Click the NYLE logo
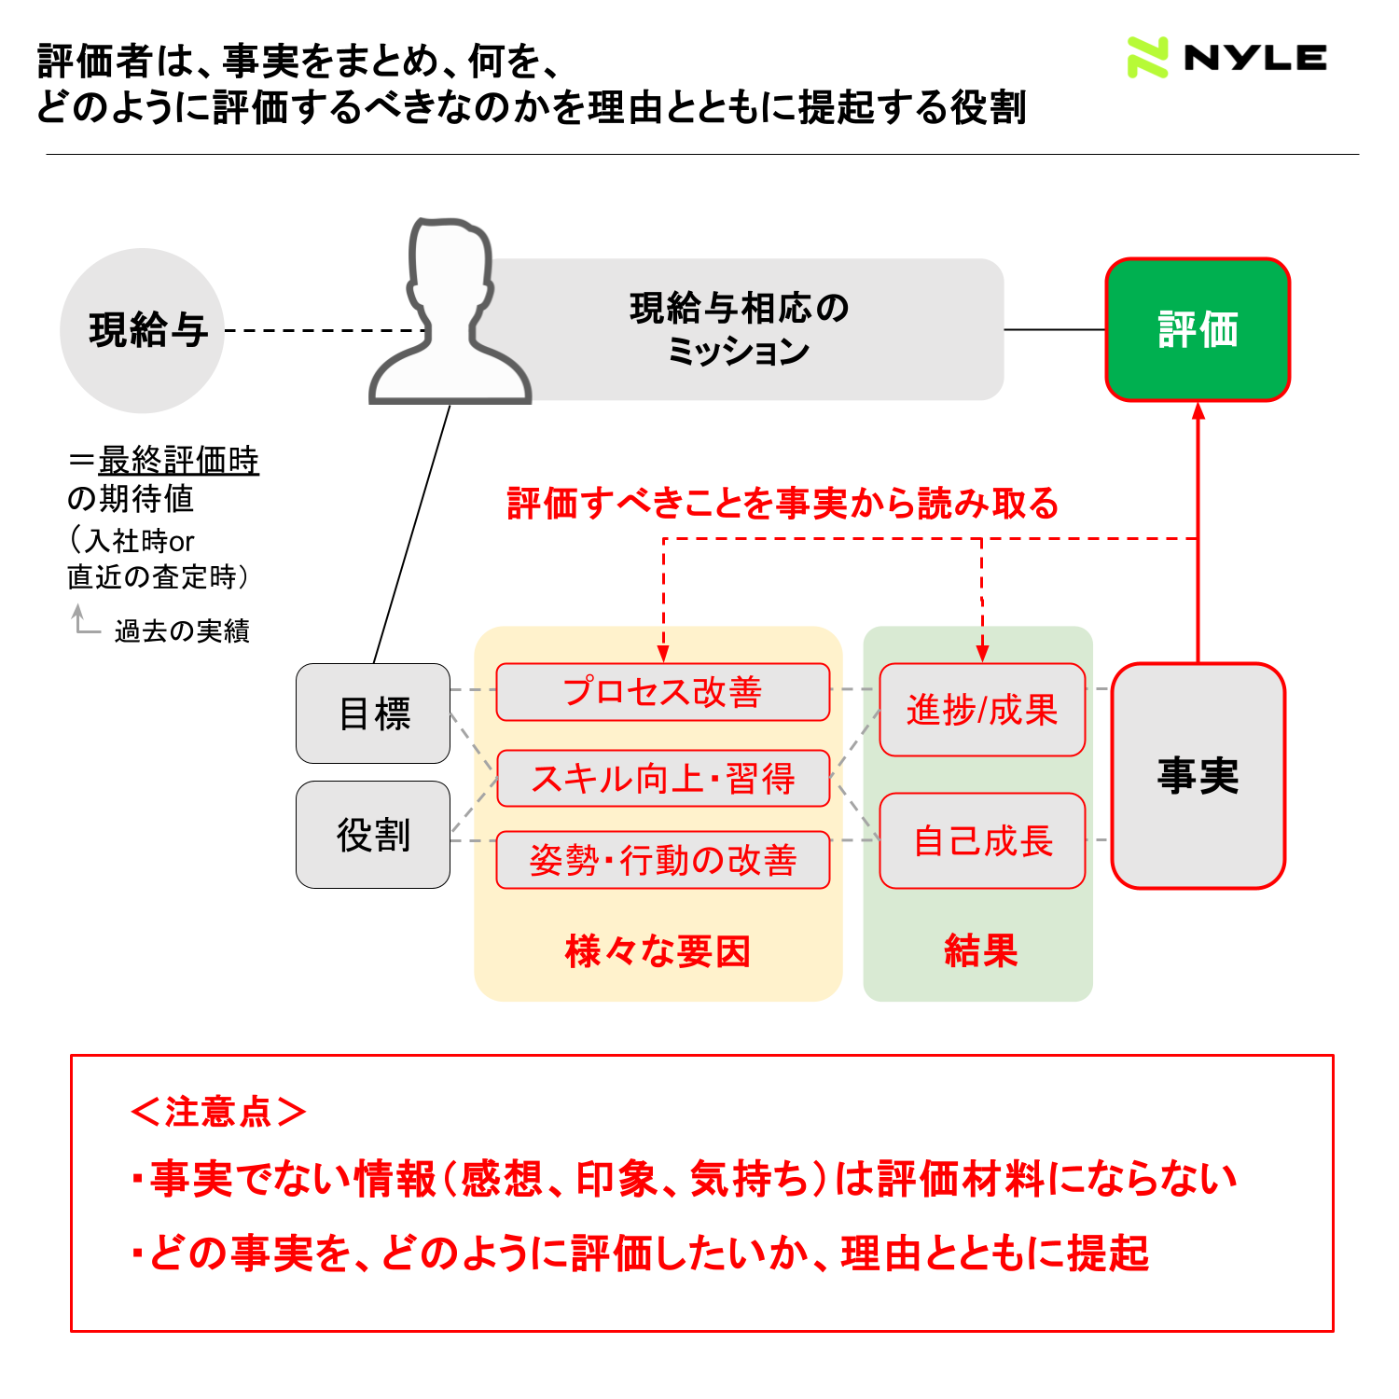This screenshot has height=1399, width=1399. click(1226, 58)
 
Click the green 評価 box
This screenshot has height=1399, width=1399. click(1198, 329)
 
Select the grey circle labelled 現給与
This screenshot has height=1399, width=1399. click(142, 330)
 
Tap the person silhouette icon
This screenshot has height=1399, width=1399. click(450, 311)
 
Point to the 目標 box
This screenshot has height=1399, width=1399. click(373, 713)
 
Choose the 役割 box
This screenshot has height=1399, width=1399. click(373, 835)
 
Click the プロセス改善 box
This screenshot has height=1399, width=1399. click(663, 692)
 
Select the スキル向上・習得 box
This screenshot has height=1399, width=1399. click(663, 778)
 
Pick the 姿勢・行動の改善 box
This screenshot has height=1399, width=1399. click(663, 860)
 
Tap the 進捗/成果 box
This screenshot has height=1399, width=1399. click(982, 710)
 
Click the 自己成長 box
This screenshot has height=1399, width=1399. click(982, 840)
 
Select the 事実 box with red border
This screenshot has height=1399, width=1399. click(1198, 776)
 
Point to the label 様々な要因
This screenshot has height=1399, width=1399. click(658, 951)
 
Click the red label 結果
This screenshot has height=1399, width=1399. click(980, 950)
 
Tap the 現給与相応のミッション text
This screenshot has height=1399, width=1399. click(739, 329)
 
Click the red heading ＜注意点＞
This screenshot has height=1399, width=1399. click(219, 1112)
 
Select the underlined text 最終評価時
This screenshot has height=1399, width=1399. click(178, 461)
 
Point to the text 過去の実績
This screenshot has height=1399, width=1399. click(183, 631)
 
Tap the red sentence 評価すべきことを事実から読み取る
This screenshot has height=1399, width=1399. click(783, 503)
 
